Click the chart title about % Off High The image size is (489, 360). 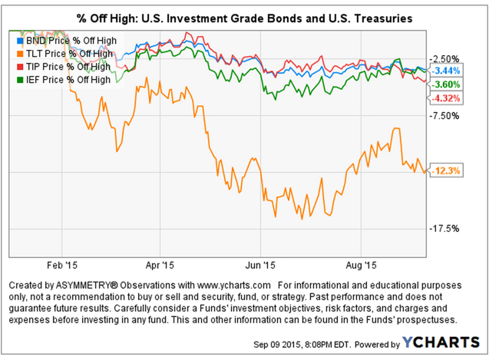click(x=245, y=16)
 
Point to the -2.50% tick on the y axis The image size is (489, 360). click(x=444, y=59)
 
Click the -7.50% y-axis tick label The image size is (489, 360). click(x=444, y=116)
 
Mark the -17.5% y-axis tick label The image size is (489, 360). click(x=444, y=229)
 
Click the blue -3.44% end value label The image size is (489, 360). click(x=445, y=71)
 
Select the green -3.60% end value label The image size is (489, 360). click(x=445, y=84)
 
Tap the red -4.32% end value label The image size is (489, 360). click(x=445, y=98)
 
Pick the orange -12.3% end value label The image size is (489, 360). click(x=445, y=171)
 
